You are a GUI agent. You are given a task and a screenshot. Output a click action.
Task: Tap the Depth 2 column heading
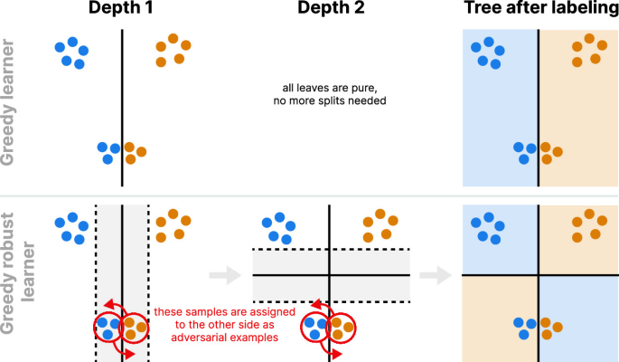click(330, 10)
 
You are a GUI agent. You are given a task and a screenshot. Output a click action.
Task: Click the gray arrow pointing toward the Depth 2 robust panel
click(219, 273)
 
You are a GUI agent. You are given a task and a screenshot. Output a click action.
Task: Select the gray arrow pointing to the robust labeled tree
click(436, 273)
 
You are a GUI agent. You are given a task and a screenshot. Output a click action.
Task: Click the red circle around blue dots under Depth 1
click(109, 326)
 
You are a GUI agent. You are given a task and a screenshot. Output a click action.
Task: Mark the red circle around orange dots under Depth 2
click(342, 326)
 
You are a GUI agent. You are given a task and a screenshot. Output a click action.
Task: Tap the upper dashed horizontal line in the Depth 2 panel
click(331, 249)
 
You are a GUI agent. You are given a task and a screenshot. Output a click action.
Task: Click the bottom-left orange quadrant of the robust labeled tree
click(500, 317)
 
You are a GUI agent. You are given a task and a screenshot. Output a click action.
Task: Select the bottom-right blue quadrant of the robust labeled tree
click(578, 317)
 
